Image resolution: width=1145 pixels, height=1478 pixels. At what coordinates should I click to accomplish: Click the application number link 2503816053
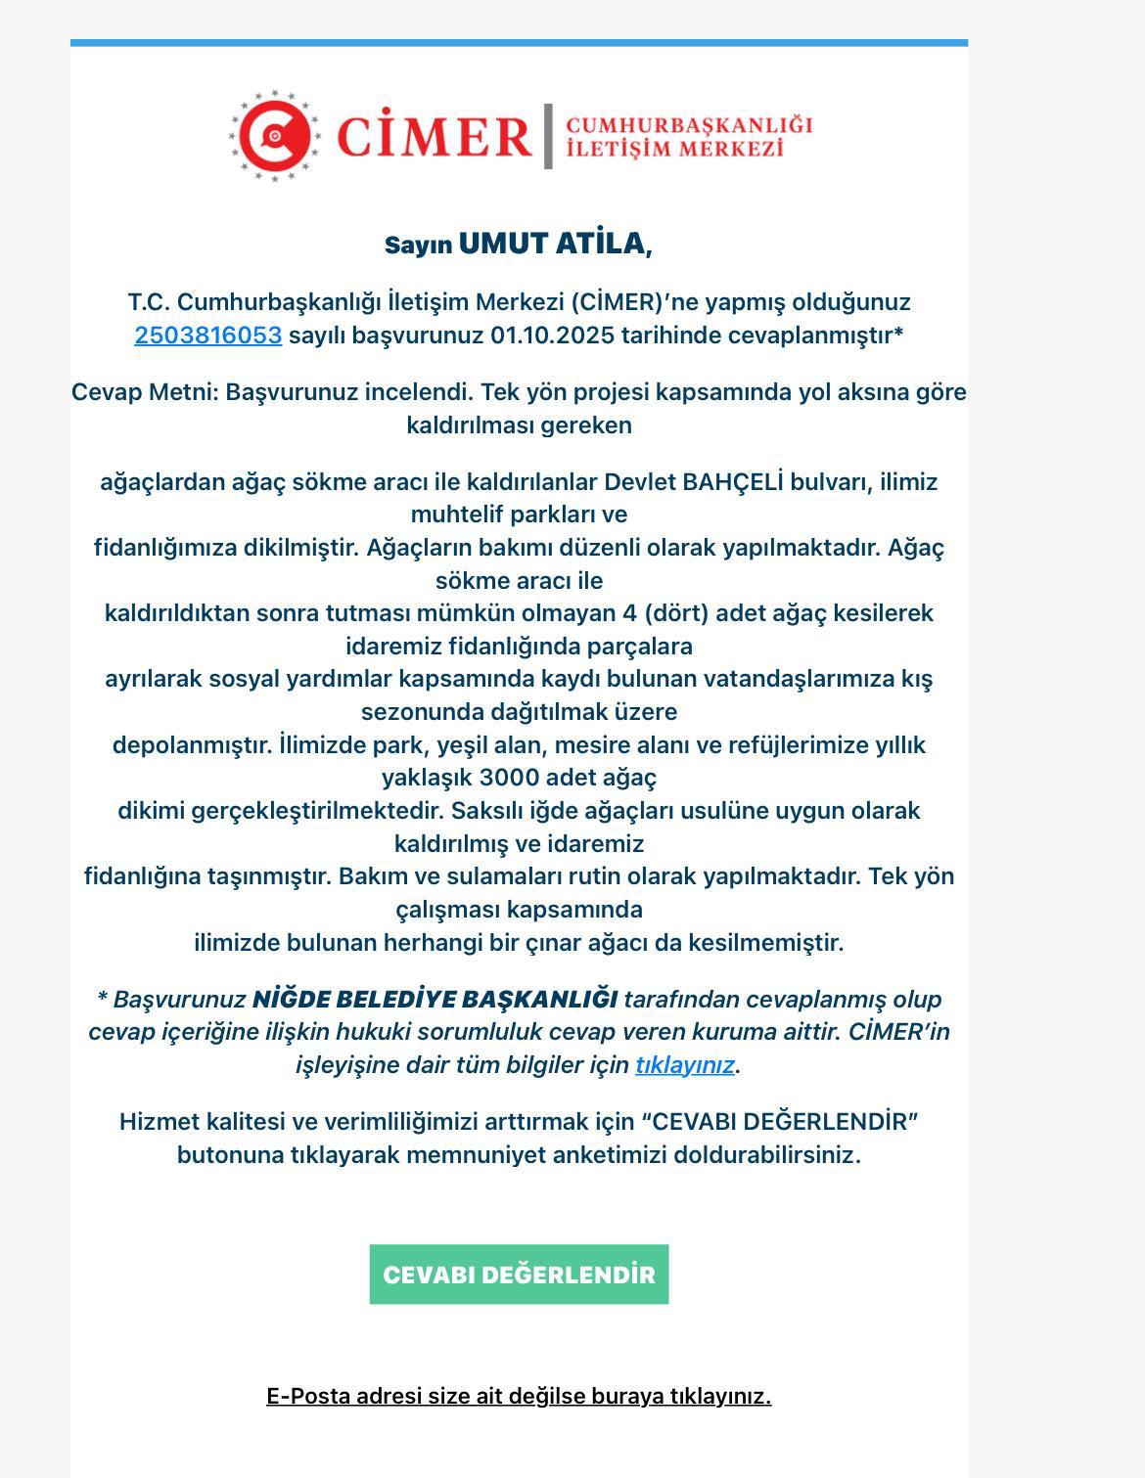207,336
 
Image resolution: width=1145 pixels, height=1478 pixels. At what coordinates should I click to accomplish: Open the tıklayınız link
684,1065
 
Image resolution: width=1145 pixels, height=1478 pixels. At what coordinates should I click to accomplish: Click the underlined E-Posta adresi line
519,1396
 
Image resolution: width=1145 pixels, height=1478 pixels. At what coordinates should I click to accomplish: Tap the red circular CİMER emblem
275,136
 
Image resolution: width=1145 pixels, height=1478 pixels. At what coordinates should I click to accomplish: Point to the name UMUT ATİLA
553,244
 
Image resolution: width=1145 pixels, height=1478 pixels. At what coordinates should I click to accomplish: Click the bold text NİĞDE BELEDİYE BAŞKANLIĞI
435,1000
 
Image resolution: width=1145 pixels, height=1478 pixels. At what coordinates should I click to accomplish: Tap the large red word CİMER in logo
434,136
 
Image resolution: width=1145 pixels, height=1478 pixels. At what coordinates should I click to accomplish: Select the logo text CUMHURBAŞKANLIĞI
689,125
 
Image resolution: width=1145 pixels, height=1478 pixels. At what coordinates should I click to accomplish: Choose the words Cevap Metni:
145,392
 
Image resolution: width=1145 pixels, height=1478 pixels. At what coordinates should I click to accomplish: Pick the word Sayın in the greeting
418,246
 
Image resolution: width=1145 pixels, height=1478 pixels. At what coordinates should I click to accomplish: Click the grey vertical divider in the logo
548,136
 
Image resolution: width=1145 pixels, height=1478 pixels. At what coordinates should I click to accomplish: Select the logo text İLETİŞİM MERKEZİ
675,149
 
